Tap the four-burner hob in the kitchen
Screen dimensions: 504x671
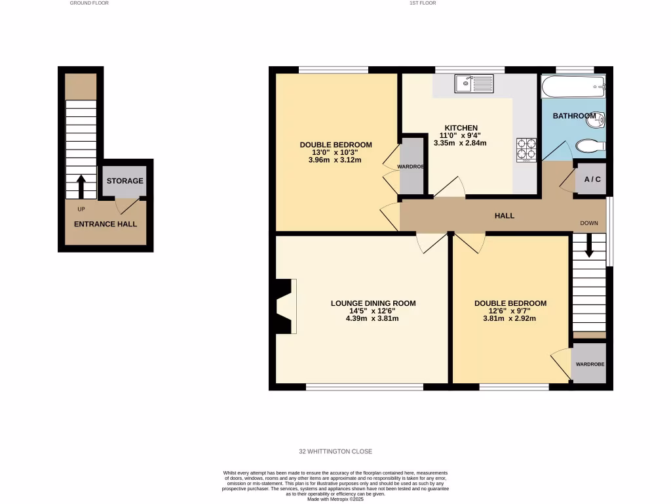coord(526,148)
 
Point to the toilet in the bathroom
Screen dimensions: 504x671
coord(588,146)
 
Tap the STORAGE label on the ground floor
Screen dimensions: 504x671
coord(125,181)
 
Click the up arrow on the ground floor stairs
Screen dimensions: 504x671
coord(81,186)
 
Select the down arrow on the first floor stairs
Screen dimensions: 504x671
coord(588,246)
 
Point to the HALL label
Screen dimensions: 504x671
coord(505,216)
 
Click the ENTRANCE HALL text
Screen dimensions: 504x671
coord(105,224)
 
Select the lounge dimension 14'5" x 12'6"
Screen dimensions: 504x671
coord(372,311)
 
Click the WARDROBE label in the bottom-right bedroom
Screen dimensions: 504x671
coord(590,364)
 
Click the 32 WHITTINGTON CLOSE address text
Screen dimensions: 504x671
coord(335,451)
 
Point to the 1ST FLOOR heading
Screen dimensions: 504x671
coord(423,3)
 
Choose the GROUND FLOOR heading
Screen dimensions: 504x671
coord(89,3)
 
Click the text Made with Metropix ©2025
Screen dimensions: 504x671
coord(335,499)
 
